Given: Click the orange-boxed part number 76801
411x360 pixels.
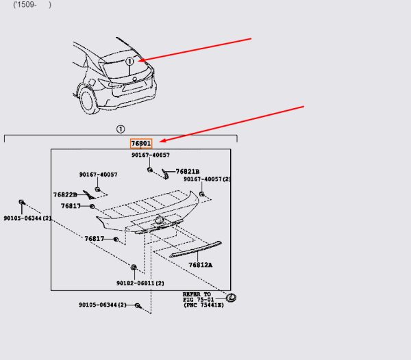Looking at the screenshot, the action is click(x=141, y=144).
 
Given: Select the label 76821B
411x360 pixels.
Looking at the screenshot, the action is click(x=188, y=172).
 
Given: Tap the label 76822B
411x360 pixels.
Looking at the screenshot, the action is click(x=65, y=195).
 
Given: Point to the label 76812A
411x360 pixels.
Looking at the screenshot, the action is click(x=201, y=265).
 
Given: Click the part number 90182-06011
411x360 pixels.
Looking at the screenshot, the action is click(x=140, y=283).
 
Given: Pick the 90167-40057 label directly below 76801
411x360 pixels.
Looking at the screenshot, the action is click(x=151, y=155).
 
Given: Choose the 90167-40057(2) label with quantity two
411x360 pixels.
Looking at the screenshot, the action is click(x=207, y=179).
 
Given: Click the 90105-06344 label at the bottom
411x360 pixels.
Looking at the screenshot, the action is click(x=103, y=305).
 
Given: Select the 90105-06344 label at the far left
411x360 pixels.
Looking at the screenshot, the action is click(x=27, y=218).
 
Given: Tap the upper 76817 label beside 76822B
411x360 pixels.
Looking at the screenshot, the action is click(x=71, y=206).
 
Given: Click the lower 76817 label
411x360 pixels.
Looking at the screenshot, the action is click(x=95, y=239).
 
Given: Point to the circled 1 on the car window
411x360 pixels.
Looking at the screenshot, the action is click(x=129, y=62).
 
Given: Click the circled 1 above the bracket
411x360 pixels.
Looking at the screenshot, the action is click(x=121, y=129).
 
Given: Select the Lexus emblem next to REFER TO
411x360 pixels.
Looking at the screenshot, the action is click(x=232, y=298).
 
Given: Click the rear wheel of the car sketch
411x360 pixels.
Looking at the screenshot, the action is click(x=88, y=101).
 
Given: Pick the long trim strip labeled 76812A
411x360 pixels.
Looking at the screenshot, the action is click(x=195, y=249).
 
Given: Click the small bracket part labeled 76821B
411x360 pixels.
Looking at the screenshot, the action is click(x=165, y=174).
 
